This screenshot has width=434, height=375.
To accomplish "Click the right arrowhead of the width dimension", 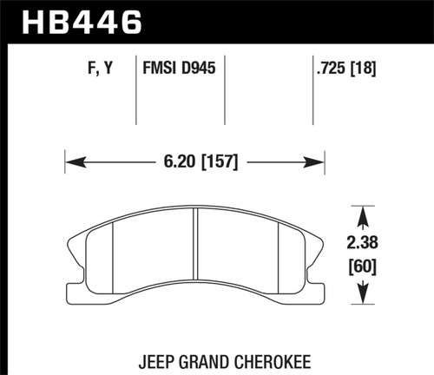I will [318, 161].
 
